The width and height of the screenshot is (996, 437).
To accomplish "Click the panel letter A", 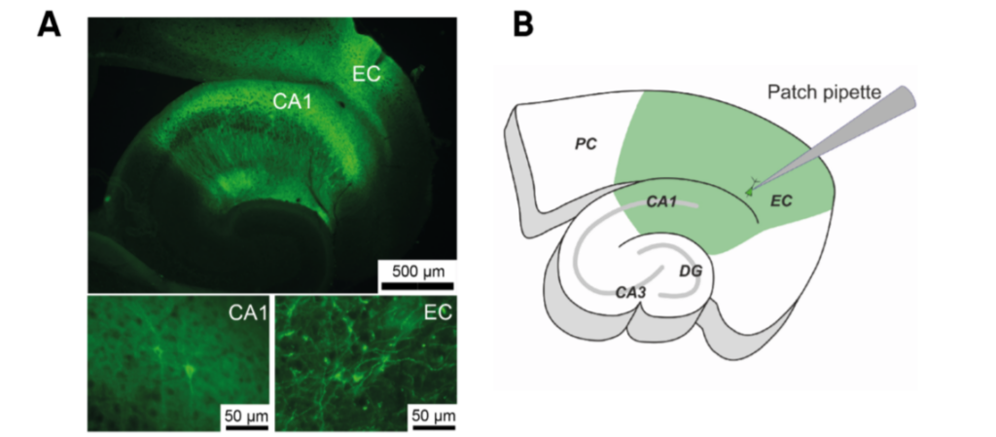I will click(50, 24).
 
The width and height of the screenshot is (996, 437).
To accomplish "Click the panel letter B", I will click(522, 24).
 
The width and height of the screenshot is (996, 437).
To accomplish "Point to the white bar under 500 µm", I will click(415, 284).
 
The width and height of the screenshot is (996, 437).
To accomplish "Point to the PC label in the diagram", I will click(586, 143).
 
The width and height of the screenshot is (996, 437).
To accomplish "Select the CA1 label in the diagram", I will click(661, 202).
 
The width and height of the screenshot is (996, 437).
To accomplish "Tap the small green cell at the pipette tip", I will click(749, 189).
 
